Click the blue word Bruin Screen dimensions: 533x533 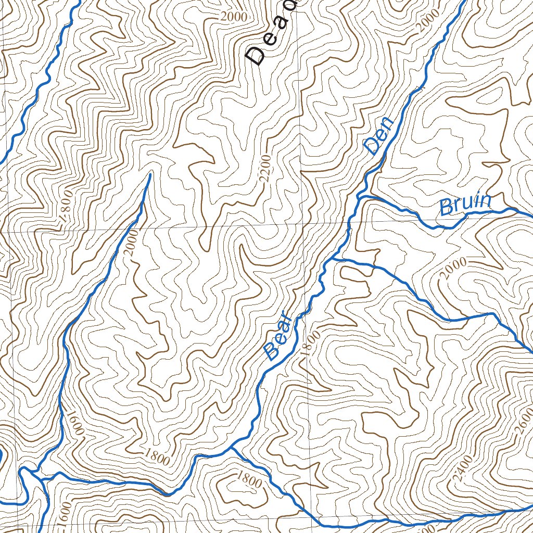(x=465, y=205)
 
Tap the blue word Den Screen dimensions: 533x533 (x=378, y=139)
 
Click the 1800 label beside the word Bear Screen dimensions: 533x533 (x=310, y=342)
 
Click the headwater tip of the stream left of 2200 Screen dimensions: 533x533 (x=150, y=174)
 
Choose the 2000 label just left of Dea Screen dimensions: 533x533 (x=233, y=16)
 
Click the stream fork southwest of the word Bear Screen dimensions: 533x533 (x=232, y=447)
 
